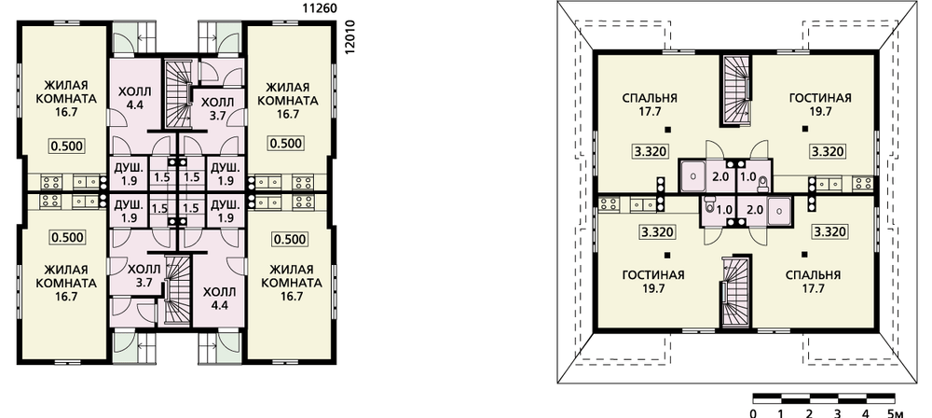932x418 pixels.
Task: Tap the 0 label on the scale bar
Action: [753, 412]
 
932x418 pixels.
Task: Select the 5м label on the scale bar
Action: [897, 412]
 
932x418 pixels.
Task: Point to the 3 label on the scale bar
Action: [838, 412]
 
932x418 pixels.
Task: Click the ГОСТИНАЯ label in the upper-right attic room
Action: [820, 98]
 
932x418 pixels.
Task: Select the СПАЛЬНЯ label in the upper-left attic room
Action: [651, 98]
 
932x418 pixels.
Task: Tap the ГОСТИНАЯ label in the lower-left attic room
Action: [653, 275]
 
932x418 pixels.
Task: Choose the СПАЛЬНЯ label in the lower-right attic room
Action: [813, 275]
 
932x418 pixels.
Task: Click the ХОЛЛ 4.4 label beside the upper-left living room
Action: [135, 98]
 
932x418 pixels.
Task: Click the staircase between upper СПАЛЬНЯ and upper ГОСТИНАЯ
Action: [737, 90]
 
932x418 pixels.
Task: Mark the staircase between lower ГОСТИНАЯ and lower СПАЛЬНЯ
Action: [737, 292]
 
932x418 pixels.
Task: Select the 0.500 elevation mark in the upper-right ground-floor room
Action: [287, 143]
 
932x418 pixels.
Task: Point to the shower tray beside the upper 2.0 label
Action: [692, 176]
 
